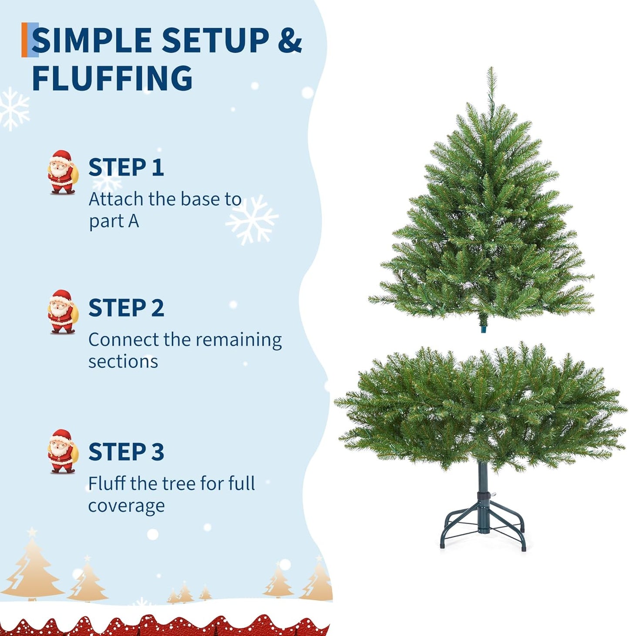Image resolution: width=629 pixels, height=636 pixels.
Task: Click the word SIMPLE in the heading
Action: click(92, 41)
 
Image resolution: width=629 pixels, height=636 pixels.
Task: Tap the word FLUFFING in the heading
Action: click(112, 78)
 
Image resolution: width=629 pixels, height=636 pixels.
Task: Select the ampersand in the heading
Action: click(289, 41)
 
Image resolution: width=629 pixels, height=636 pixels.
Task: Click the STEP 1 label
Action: click(126, 168)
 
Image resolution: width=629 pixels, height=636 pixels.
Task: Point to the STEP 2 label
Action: click(126, 308)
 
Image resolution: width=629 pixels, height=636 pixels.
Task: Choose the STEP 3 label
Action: click(126, 452)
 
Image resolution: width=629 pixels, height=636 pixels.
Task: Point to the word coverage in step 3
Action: click(126, 506)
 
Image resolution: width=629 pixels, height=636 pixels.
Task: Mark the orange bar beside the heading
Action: click(24, 40)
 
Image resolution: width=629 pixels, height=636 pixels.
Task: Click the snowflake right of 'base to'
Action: click(252, 219)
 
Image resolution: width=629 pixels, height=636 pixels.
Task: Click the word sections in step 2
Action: click(123, 362)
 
